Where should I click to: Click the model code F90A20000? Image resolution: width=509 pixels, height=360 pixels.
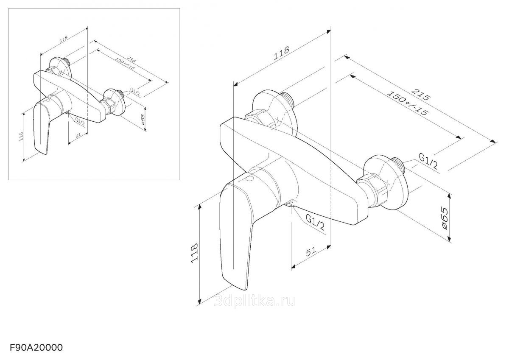tap(36, 348)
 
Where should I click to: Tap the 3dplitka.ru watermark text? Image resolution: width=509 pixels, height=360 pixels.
tap(255, 301)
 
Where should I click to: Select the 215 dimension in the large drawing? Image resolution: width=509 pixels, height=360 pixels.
tap(421, 95)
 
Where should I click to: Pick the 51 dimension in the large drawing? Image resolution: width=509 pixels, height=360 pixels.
tap(311, 251)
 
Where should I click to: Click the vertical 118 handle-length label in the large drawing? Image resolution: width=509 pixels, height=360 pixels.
tap(194, 254)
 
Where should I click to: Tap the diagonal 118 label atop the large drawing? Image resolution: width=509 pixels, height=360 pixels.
tap(281, 53)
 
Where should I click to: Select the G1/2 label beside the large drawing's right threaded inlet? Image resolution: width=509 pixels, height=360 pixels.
tap(428, 161)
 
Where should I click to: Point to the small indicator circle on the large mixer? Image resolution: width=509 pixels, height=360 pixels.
tap(250, 179)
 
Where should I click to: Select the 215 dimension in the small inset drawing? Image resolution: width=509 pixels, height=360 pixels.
tap(131, 59)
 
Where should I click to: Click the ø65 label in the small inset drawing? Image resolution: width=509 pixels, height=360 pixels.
tap(143, 120)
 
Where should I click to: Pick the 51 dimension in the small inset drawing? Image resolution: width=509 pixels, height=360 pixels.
tap(78, 136)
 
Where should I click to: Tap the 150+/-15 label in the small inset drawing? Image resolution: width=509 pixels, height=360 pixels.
tap(125, 64)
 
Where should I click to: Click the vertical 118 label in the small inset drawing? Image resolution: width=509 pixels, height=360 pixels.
tap(21, 137)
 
